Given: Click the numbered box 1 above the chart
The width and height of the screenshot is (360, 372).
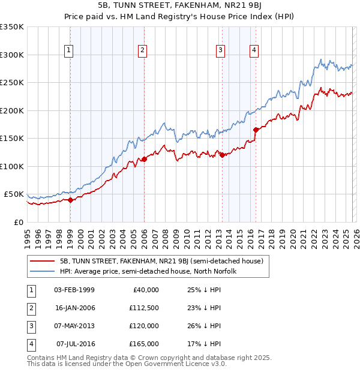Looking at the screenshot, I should (x=70, y=50).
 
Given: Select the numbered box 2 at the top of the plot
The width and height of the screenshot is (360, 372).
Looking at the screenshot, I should (x=143, y=50).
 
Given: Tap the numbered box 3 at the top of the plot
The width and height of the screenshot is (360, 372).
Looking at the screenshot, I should (x=221, y=50).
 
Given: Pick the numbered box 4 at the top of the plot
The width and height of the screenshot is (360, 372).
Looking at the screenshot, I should (x=254, y=50).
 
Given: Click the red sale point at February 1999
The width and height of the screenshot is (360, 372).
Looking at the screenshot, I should (x=70, y=200).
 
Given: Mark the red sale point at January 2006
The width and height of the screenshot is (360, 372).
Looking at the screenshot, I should (x=144, y=160).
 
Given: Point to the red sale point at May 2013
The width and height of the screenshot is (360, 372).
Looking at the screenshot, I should (x=222, y=155).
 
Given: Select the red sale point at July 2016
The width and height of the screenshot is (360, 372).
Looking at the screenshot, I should (x=256, y=130).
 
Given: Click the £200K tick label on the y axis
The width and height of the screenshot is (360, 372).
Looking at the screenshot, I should (x=12, y=110).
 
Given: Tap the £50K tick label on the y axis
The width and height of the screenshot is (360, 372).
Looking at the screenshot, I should (x=14, y=194).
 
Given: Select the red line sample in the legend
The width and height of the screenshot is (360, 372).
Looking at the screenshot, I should (x=42, y=261).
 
